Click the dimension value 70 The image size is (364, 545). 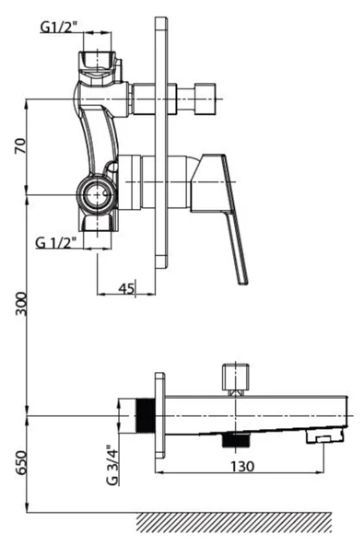coord(20,146)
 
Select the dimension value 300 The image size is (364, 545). coord(21,304)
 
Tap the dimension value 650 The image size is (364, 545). coord(21,462)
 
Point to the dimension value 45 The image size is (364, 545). coord(126,288)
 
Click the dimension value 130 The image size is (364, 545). coord(242,466)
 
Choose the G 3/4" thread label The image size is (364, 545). coord(112,465)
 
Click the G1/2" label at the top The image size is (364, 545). coord(58,27)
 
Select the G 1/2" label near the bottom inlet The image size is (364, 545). coord(55,242)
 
